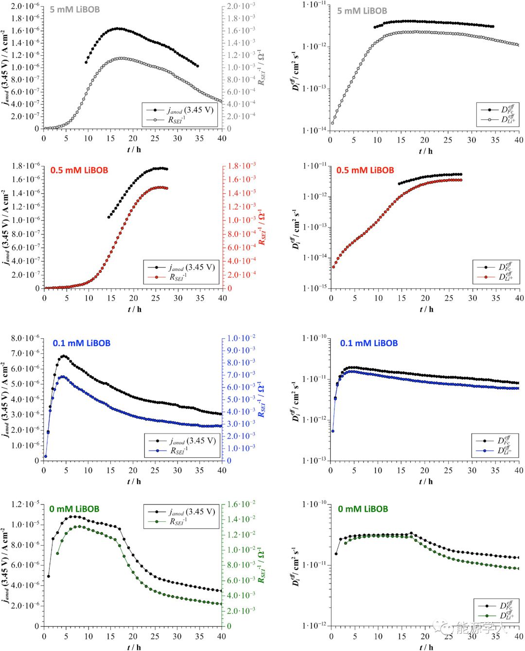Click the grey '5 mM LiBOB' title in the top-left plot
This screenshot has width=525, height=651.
tap(75, 9)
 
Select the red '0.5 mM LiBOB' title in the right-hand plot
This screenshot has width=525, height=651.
tap(365, 170)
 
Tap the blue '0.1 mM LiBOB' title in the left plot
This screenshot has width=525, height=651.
tap(82, 343)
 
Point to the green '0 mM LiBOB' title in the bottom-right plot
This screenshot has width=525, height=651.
tap(363, 509)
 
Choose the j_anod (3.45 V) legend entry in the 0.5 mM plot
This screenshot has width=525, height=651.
tap(192, 267)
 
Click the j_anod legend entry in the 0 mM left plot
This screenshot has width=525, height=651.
tap(190, 512)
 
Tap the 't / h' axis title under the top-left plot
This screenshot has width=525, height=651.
tap(134, 150)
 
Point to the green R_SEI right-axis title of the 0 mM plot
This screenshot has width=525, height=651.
tap(262, 566)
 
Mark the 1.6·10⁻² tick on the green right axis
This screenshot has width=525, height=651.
tap(241, 504)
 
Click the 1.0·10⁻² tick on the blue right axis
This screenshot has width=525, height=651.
tap(241, 338)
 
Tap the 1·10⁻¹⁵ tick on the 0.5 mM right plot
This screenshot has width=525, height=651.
tap(314, 288)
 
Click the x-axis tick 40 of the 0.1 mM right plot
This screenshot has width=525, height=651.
tap(519, 470)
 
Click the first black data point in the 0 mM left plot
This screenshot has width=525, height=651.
tap(48, 576)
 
